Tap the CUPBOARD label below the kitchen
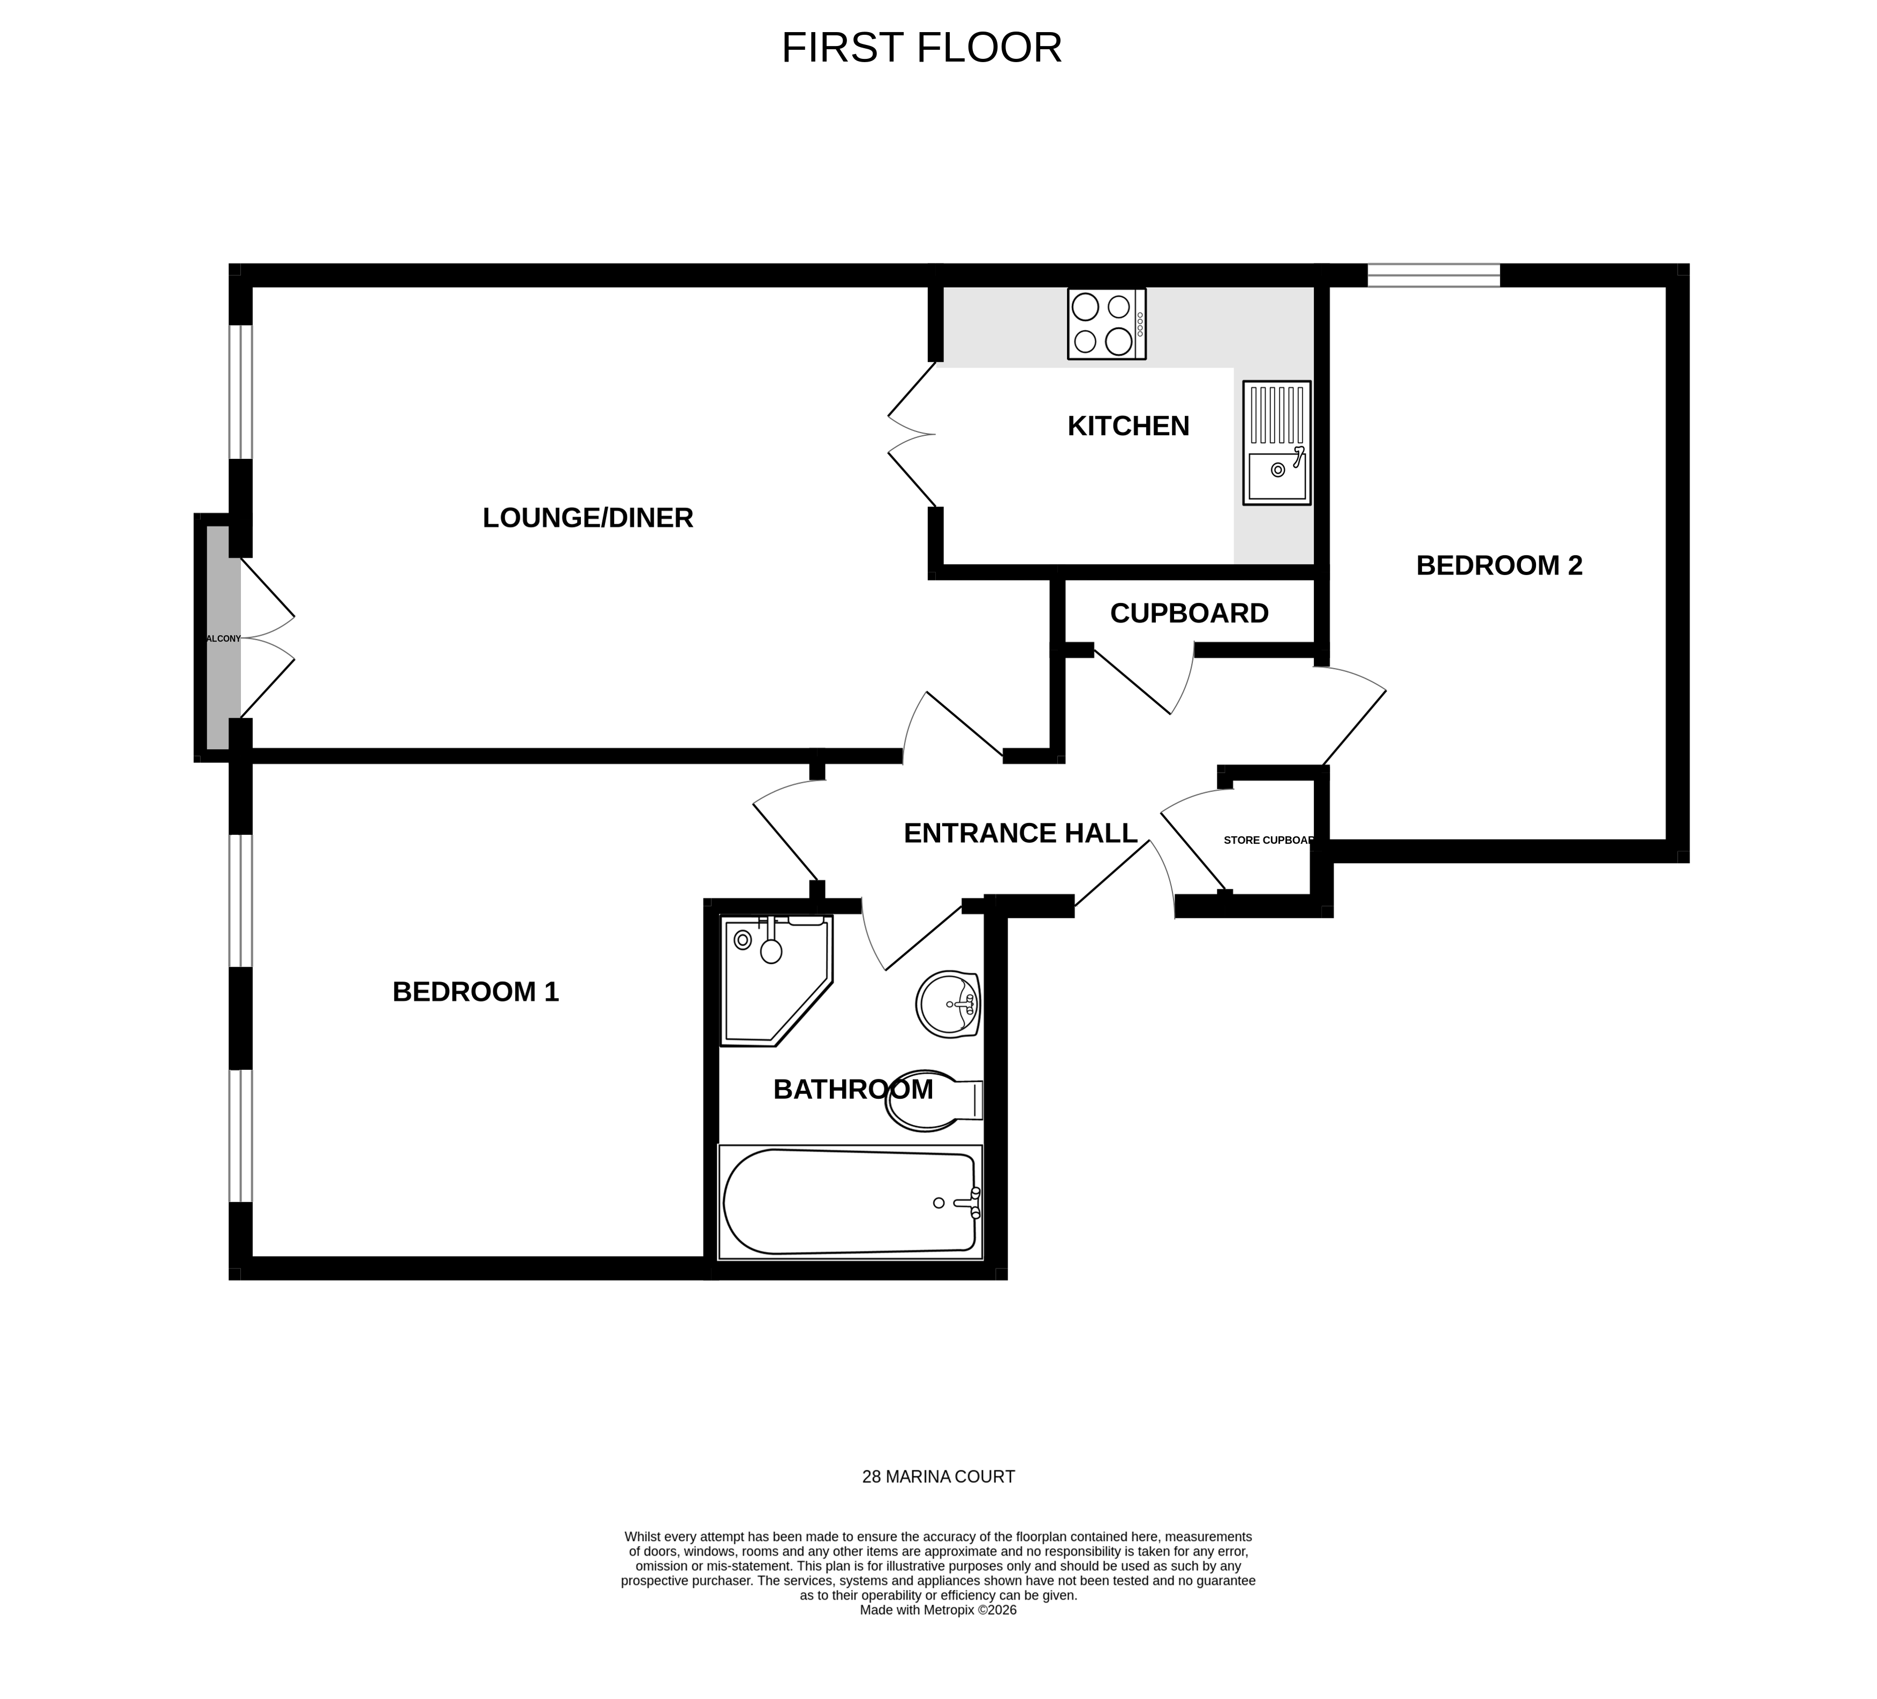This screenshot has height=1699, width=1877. [x=1189, y=614]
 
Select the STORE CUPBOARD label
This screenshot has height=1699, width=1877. [x=1267, y=840]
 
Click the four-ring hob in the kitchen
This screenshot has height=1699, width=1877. [x=1106, y=324]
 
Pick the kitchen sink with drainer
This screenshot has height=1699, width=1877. [x=1276, y=443]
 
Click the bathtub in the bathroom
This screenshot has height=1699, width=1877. [x=849, y=1202]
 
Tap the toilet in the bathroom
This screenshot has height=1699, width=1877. [x=931, y=1100]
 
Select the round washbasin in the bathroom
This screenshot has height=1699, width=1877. [x=948, y=1005]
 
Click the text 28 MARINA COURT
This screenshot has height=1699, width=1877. [x=937, y=1476]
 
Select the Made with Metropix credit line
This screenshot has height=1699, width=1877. [x=937, y=1610]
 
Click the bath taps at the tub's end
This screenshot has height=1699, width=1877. [x=972, y=1203]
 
